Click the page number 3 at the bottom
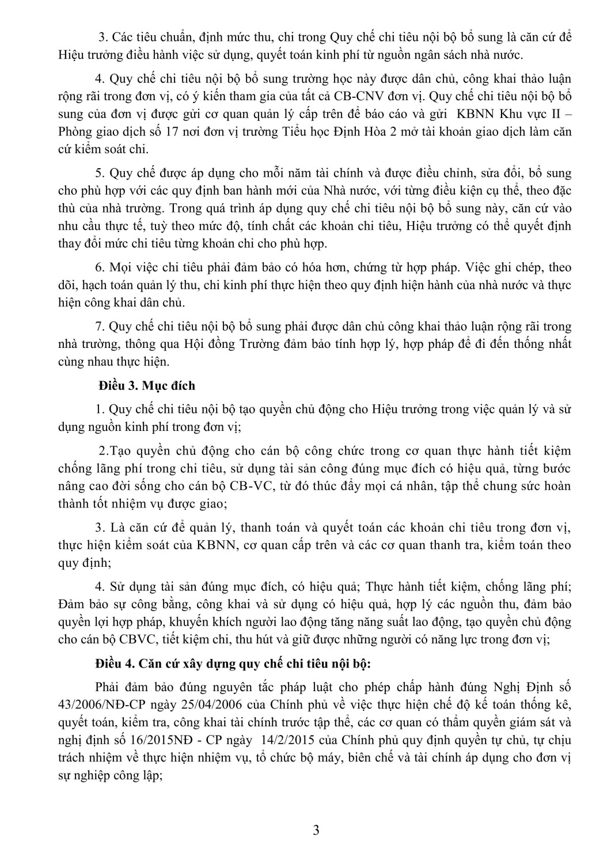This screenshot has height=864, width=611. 316,830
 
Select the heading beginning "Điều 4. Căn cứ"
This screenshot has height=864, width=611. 233,663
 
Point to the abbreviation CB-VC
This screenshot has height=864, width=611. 249,485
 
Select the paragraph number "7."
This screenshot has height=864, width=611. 100,327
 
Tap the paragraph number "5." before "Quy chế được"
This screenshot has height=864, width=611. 100,173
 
